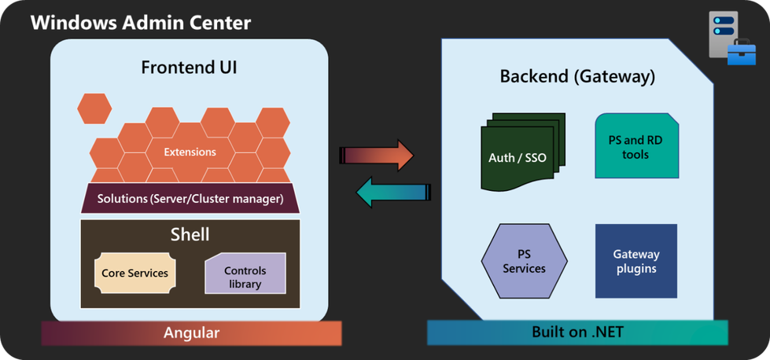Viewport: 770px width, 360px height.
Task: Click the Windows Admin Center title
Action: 141,22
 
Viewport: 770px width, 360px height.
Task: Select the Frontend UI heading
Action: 189,67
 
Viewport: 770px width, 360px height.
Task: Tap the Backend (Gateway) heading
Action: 577,76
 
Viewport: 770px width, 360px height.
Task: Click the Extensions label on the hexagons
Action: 190,152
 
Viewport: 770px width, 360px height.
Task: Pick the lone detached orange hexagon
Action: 94,108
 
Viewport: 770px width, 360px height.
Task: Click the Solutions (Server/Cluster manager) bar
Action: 190,199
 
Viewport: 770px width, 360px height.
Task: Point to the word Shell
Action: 190,234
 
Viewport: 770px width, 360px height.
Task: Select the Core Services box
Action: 134,273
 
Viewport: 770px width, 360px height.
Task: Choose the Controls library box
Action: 245,276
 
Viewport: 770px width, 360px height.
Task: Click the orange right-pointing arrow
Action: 377,156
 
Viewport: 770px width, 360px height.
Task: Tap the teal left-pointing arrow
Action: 394,193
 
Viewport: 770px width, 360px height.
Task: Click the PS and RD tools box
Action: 636,147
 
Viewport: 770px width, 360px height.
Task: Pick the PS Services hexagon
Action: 524,262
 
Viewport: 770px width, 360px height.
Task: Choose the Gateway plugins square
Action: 636,261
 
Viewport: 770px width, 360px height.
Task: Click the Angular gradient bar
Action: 191,332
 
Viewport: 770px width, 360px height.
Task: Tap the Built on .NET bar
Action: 577,332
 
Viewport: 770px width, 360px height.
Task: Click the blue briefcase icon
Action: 741,53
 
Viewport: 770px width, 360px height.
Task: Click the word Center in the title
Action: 219,22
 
